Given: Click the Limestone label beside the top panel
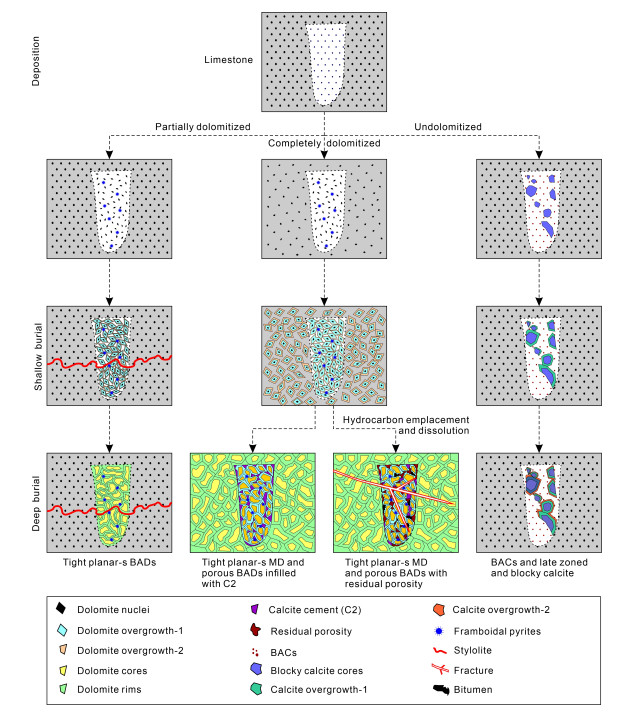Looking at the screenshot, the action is tap(228, 60).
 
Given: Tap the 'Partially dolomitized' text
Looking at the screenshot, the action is tap(203, 127).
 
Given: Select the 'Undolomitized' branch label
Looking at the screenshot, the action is tap(448, 127).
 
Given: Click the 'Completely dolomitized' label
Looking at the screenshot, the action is tap(324, 143).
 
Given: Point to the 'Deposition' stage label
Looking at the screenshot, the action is tap(36, 61).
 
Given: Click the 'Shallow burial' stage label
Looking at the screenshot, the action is tap(38, 357).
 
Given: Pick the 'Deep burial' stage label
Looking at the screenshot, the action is tap(36, 504).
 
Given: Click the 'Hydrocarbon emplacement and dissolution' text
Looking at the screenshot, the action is tap(406, 425).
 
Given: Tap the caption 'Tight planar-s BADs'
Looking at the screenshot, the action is tap(109, 562).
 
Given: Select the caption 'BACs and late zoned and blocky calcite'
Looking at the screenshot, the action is tap(539, 567).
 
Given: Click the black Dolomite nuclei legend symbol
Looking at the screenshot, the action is tap(61, 608).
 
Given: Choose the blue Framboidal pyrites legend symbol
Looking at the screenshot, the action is tap(439, 631).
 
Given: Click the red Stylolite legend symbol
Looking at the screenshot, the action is tap(439, 651).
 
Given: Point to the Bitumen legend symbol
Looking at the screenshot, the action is tap(441, 689).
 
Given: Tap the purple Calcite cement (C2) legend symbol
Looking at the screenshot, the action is tap(255, 609).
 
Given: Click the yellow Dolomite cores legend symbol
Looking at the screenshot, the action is tap(64, 670).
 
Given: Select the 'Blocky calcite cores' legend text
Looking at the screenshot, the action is tap(316, 671).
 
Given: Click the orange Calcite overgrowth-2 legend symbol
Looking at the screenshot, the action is tap(438, 609).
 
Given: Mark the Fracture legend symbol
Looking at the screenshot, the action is tap(440, 669).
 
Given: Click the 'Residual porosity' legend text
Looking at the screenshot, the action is tap(311, 632).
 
